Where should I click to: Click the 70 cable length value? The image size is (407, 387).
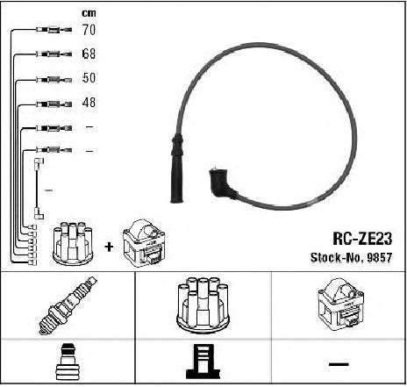coord(89,30)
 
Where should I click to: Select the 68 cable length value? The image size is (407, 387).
coord(89,54)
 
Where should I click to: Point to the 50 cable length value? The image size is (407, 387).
coord(89,78)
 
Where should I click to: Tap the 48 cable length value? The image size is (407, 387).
coord(89,103)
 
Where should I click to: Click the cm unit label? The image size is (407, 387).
coord(89,13)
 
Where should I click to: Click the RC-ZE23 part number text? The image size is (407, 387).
coord(362,239)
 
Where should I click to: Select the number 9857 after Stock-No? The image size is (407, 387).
coord(379,258)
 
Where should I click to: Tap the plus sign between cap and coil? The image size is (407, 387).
coord(109,247)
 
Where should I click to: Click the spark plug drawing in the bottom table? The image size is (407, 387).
coord(68,305)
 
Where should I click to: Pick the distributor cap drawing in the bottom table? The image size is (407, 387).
coord(203,305)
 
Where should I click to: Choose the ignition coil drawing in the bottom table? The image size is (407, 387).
coord(340,305)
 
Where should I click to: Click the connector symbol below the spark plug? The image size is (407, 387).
coord(68,362)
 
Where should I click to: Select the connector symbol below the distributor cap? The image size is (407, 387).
coord(203,362)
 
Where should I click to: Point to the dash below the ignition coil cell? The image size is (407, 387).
coord(339,364)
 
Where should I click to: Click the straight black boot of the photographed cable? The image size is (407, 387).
coord(177,168)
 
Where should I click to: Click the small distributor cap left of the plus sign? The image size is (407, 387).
coord(73,243)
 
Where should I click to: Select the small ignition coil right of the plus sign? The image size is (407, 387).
coord(144,243)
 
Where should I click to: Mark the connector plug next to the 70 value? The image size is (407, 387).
coord(54,30)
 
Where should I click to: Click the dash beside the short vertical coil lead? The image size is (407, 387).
coord(48,190)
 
